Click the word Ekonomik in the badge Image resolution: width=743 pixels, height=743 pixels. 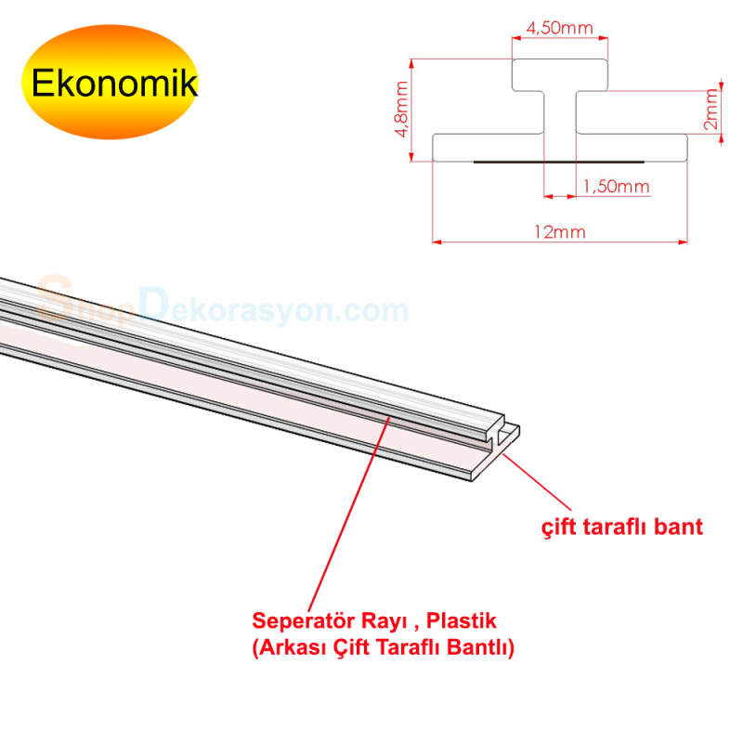[x=114, y=83]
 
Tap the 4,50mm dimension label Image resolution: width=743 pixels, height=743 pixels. [x=559, y=28]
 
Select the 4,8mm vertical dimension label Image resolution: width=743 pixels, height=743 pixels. [x=401, y=110]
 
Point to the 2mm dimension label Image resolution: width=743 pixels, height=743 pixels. [x=710, y=111]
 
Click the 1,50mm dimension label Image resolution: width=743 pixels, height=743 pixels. [x=615, y=187]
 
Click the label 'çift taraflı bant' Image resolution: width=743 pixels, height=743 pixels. [x=622, y=528]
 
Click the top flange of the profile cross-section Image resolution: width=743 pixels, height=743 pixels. [x=559, y=74]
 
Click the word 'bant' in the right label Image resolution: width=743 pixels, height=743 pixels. [x=681, y=528]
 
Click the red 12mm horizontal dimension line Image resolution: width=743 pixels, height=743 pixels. [x=483, y=243]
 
